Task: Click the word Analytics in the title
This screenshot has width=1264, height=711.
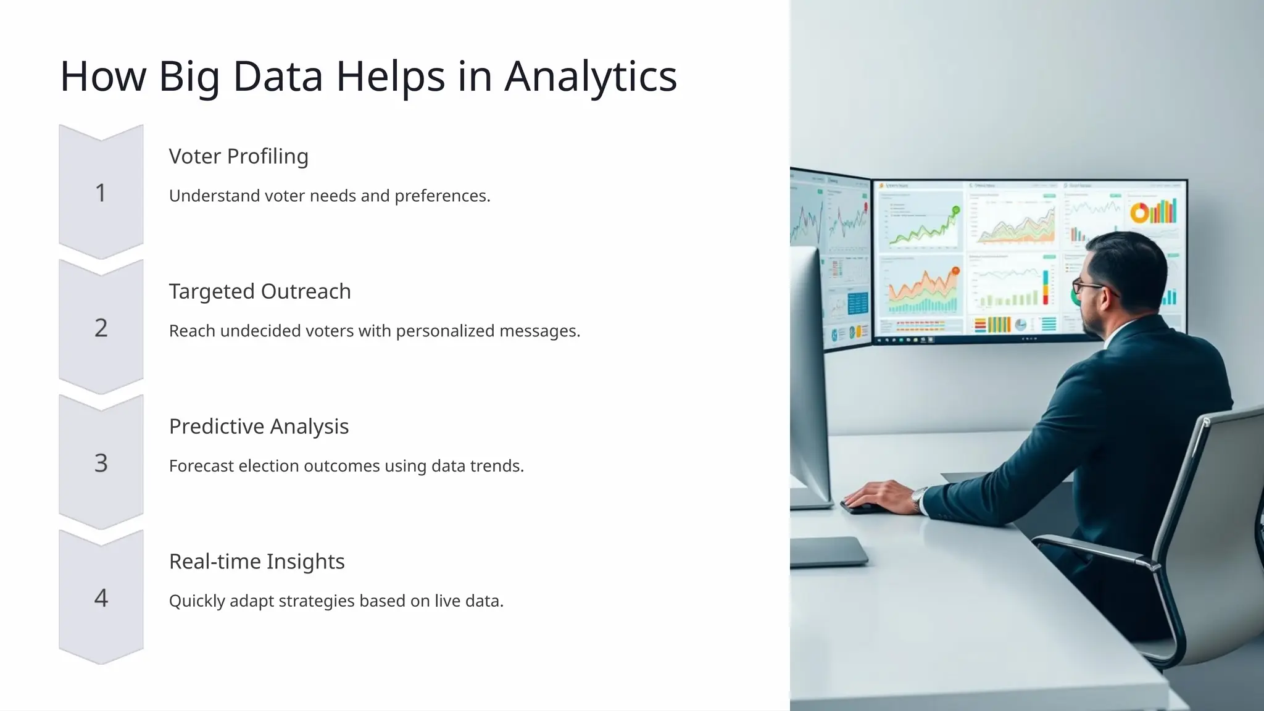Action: [x=591, y=77]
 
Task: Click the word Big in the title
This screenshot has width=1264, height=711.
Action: [x=188, y=78]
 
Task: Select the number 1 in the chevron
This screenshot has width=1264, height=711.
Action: [x=101, y=193]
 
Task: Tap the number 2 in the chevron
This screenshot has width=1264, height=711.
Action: [x=101, y=328]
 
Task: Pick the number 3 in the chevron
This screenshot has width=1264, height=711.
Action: [x=101, y=463]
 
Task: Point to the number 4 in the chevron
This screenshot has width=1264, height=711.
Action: [x=101, y=598]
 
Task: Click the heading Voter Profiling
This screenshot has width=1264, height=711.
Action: [x=238, y=156]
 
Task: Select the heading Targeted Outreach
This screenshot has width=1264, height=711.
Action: [x=259, y=291]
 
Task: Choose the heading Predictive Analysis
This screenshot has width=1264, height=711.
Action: [x=259, y=426]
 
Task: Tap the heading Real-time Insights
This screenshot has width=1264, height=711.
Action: [x=256, y=562]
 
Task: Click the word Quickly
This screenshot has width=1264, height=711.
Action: [x=196, y=601]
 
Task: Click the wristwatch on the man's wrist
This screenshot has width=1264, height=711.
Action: [x=920, y=498]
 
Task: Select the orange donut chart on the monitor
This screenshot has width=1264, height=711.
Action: [x=1139, y=214]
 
